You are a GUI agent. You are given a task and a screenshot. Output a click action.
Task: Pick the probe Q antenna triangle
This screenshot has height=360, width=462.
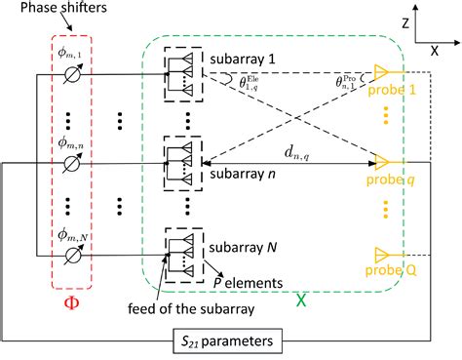point(382,256)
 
